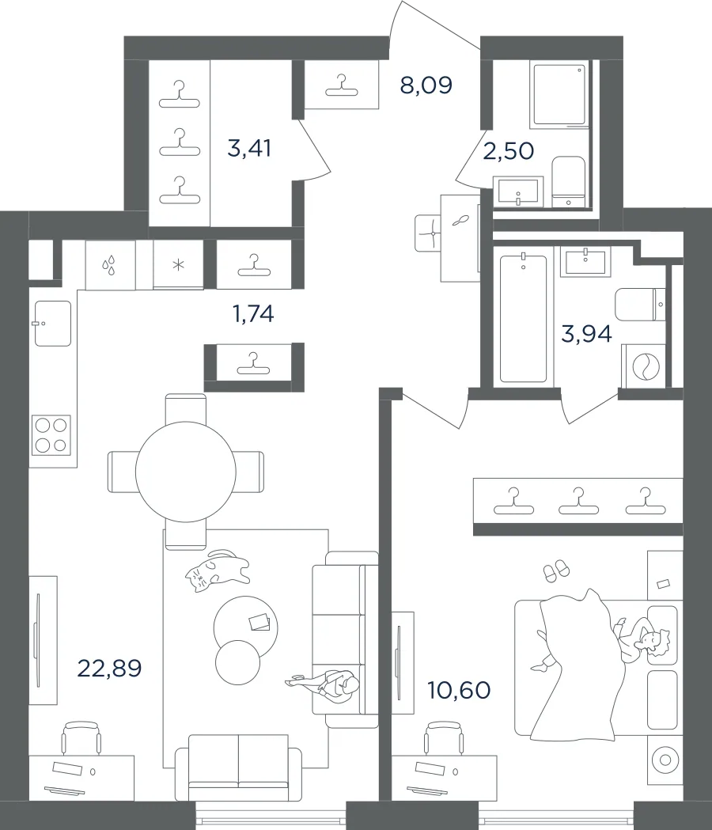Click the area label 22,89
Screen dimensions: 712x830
click(110, 669)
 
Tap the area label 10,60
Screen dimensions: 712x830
click(458, 690)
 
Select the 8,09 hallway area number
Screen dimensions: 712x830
click(426, 85)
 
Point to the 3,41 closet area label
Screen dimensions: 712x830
click(248, 148)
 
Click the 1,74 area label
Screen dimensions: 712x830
click(253, 314)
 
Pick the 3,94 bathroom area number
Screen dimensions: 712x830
click(586, 334)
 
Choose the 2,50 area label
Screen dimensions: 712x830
click(508, 151)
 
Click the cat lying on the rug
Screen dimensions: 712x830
click(218, 570)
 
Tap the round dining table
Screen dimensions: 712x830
click(186, 472)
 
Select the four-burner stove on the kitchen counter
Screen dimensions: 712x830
click(51, 435)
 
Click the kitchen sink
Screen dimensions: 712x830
click(53, 324)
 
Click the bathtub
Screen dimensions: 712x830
click(523, 319)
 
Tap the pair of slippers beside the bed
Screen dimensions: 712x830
click(556, 570)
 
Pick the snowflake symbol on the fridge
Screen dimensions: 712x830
click(179, 265)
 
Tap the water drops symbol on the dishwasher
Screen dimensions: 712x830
click(110, 265)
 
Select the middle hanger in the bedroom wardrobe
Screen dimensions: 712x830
click(578, 502)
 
